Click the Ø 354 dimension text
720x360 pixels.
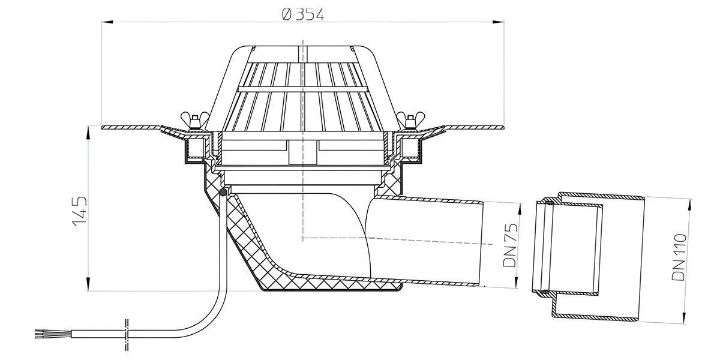(303, 14)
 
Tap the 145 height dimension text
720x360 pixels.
(79, 211)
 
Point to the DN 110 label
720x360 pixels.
(679, 257)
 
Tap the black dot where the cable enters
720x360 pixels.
(223, 193)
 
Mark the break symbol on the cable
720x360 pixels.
(127, 335)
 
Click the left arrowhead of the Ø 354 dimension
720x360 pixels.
(107, 22)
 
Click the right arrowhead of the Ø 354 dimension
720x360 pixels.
(498, 22)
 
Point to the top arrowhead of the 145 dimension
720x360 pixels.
(88, 133)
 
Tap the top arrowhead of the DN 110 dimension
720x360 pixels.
(689, 205)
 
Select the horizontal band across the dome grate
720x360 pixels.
(303, 89)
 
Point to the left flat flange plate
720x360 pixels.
(132, 128)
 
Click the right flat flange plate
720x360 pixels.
(473, 128)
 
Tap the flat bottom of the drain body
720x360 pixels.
(331, 290)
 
